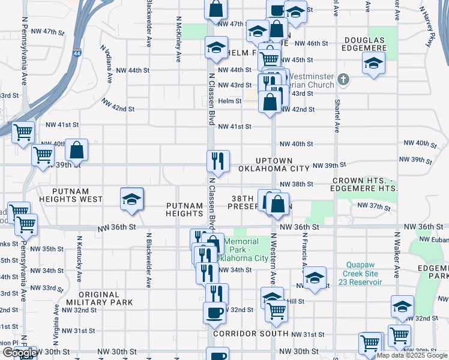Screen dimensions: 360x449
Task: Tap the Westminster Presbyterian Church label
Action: pos(312,80)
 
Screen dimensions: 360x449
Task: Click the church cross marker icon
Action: pos(343,79)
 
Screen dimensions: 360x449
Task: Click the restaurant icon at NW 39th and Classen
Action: pos(218,161)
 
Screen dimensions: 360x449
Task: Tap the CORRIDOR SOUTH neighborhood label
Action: pos(246,334)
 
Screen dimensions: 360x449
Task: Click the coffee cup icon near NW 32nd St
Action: pos(214,312)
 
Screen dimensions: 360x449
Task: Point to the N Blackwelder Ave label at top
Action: pos(148,24)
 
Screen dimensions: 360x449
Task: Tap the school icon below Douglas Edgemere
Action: pos(373,63)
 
